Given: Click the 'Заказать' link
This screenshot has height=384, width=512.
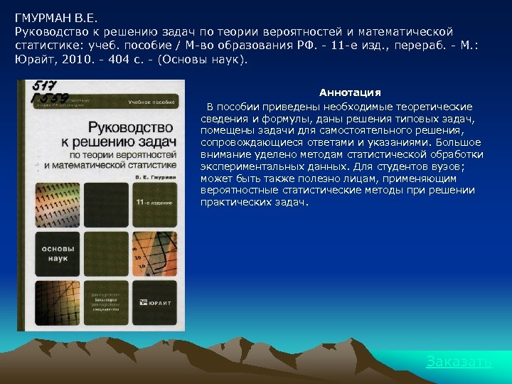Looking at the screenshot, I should [459, 362].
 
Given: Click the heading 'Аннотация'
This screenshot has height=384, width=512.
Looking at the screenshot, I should [350, 93].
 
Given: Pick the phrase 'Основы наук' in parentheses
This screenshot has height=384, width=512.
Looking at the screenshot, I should [207, 60].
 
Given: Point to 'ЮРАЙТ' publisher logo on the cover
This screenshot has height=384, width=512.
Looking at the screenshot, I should [160, 303].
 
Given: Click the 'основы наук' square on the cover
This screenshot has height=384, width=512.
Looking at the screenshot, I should [54, 255].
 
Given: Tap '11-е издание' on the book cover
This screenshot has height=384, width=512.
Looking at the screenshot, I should [151, 203].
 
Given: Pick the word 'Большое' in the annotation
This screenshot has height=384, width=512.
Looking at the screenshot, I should [463, 143].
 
